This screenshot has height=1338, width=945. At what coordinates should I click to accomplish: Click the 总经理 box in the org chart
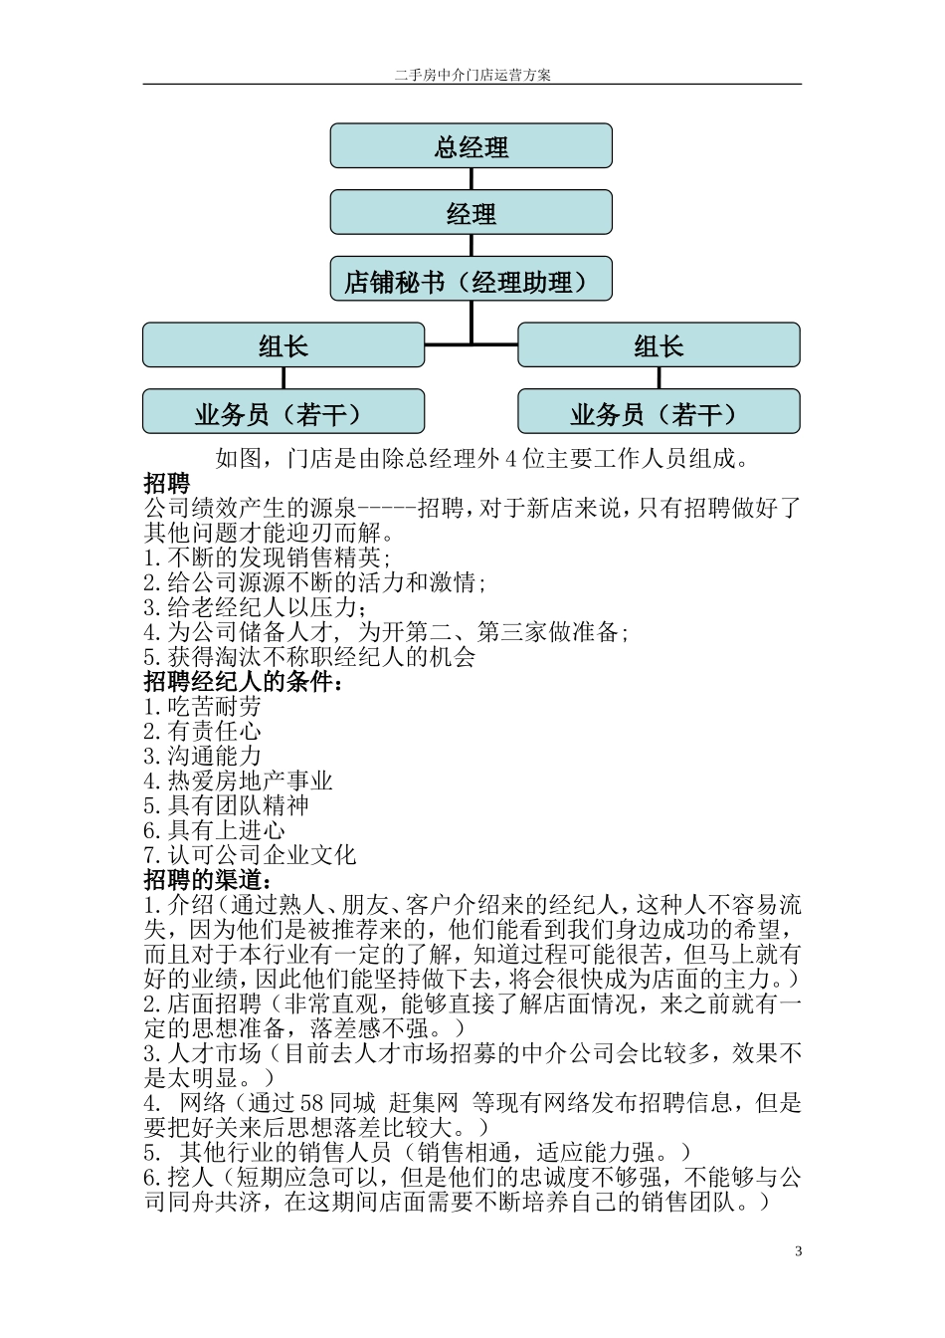471,146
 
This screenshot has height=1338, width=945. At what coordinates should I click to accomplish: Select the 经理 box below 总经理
471,213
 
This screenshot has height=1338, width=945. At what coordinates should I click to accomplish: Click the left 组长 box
283,345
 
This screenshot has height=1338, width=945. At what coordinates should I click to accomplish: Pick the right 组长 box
659,345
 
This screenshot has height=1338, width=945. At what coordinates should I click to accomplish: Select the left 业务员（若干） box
283,412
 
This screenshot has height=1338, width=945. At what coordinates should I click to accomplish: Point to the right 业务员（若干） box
659,412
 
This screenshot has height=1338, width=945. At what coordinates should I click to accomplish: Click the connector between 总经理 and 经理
471,179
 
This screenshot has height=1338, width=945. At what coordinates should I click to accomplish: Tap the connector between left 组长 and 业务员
283,378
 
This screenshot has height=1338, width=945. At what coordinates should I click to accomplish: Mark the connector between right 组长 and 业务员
659,378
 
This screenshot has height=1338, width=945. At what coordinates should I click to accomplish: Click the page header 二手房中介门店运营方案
472,75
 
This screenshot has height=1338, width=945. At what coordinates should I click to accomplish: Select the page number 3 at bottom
798,1251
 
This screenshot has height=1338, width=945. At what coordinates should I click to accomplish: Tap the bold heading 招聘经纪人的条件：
244,682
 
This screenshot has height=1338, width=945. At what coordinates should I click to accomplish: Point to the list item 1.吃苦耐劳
202,707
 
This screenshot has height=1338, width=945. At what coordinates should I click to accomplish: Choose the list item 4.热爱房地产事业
238,781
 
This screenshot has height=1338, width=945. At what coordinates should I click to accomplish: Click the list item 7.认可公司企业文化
250,855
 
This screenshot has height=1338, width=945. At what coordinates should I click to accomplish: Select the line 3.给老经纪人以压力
255,607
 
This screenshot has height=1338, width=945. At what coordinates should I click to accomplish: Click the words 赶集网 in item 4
423,1103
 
